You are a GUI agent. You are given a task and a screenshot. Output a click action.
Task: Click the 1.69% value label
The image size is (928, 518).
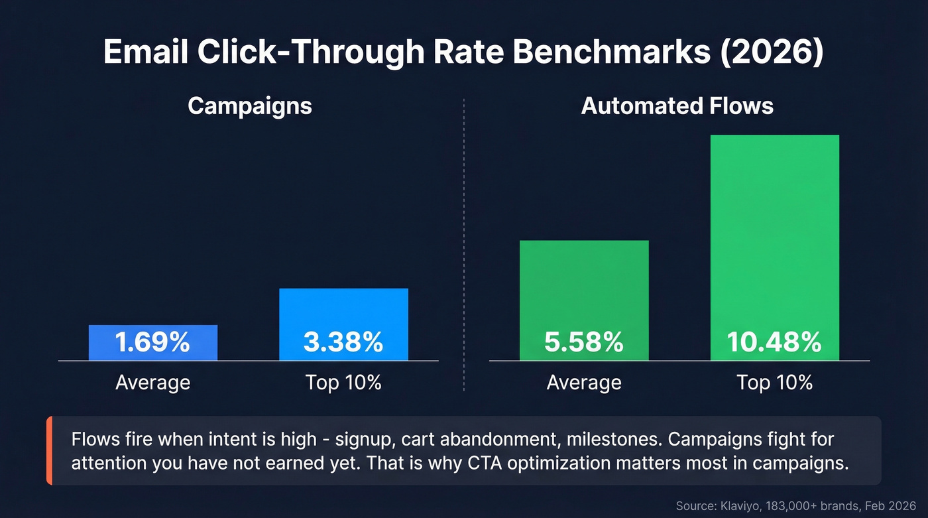coord(152,343)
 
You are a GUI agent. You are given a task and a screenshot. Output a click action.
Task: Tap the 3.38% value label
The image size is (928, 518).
coord(343,343)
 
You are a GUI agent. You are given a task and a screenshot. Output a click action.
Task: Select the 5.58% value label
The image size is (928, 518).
coord(583,343)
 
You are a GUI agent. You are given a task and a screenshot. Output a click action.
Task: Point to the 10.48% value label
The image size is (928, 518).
coord(774,343)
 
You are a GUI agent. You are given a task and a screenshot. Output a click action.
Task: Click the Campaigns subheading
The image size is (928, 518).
coord(250,106)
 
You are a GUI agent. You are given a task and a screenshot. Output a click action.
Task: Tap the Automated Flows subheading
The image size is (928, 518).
coord(677,106)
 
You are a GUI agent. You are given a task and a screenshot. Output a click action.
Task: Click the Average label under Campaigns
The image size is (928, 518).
coord(152,383)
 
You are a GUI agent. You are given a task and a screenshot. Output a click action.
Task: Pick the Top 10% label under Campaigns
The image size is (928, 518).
coord(343,383)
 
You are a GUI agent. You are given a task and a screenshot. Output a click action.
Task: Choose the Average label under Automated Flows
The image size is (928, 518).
coord(583,383)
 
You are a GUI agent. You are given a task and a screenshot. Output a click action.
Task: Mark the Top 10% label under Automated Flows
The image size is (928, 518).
coord(774,383)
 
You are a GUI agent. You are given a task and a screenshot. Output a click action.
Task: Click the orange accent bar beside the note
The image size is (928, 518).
coord(49,451)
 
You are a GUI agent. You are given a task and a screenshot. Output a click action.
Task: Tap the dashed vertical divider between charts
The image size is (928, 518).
coord(464,245)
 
